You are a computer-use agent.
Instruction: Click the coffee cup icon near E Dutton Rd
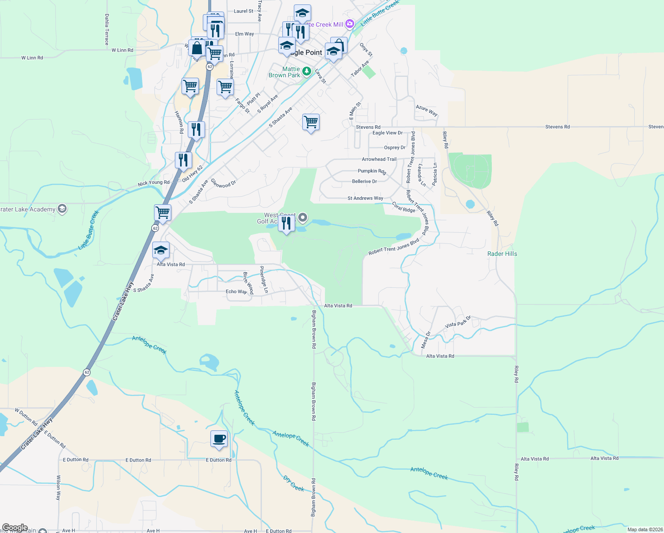(219, 439)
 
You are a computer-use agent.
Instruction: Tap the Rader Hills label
(502, 254)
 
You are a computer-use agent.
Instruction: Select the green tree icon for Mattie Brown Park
(306, 71)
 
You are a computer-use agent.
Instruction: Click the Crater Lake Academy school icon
(62, 209)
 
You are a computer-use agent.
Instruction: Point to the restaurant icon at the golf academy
(286, 223)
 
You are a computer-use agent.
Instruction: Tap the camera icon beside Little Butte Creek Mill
(350, 24)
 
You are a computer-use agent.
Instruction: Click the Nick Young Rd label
(154, 183)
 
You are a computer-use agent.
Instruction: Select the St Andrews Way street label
(365, 198)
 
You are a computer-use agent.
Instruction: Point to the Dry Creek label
(294, 483)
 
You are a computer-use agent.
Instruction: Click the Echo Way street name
(236, 291)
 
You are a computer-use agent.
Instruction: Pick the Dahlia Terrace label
(107, 29)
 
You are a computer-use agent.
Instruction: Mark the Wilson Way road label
(58, 488)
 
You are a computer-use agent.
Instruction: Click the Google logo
(15, 528)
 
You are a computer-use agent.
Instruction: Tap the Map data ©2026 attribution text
(645, 529)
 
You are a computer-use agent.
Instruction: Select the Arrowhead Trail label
(379, 159)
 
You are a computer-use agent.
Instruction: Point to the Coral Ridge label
(404, 207)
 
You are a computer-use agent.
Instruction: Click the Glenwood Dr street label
(223, 183)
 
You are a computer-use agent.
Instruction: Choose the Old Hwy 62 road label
(192, 174)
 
